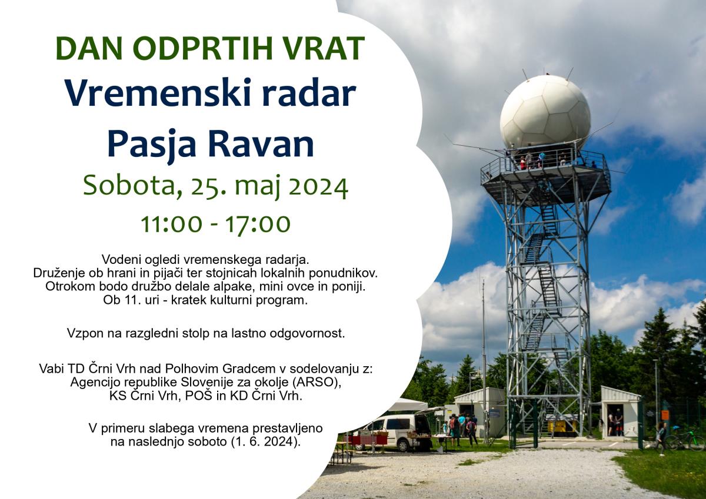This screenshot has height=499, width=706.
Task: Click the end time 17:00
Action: coord(257,224)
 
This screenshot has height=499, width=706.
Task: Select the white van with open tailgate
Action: coord(397,430)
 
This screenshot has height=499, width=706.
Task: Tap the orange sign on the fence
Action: coord(665,414)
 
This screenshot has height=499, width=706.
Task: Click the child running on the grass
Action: coord(661,438)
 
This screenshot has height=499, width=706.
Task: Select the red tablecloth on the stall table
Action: coord(365,440)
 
